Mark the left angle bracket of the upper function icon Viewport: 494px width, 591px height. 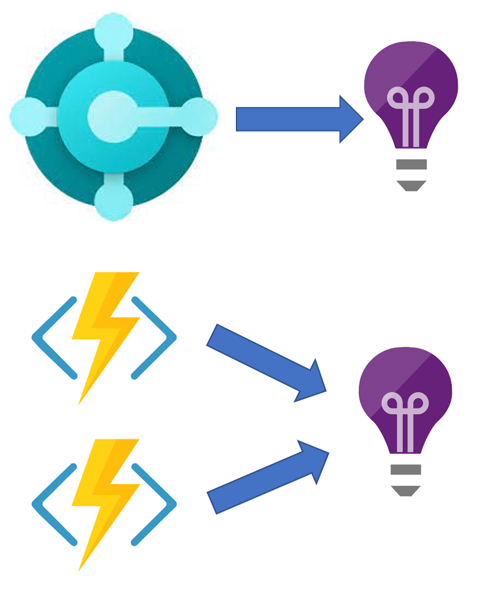52,338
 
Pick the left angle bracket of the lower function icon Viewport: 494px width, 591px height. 52,505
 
